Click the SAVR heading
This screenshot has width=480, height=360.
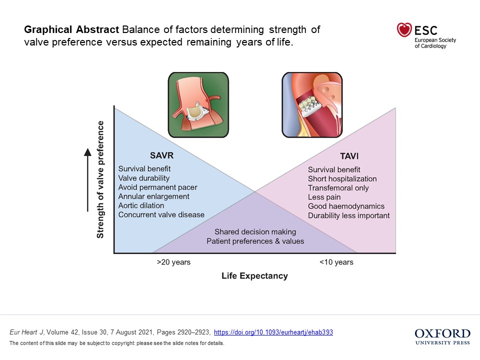(161, 155)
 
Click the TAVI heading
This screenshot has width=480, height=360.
(349, 155)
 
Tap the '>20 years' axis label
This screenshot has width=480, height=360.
(173, 262)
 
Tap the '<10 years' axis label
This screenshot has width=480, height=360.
(336, 262)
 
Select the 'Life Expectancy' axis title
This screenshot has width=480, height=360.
(254, 276)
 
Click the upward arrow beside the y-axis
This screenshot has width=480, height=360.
(88, 180)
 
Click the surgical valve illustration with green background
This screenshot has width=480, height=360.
(198, 104)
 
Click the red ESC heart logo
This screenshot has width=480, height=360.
(404, 30)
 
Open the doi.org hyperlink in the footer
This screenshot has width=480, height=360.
(273, 332)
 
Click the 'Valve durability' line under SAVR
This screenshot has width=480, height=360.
(144, 178)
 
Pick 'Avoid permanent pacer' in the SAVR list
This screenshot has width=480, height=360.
(157, 187)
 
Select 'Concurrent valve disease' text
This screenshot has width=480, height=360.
(161, 215)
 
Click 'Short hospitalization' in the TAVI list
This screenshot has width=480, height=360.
(342, 179)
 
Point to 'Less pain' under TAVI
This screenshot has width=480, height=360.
(324, 197)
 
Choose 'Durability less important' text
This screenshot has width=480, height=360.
(348, 215)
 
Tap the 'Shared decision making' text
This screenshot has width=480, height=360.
(255, 232)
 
